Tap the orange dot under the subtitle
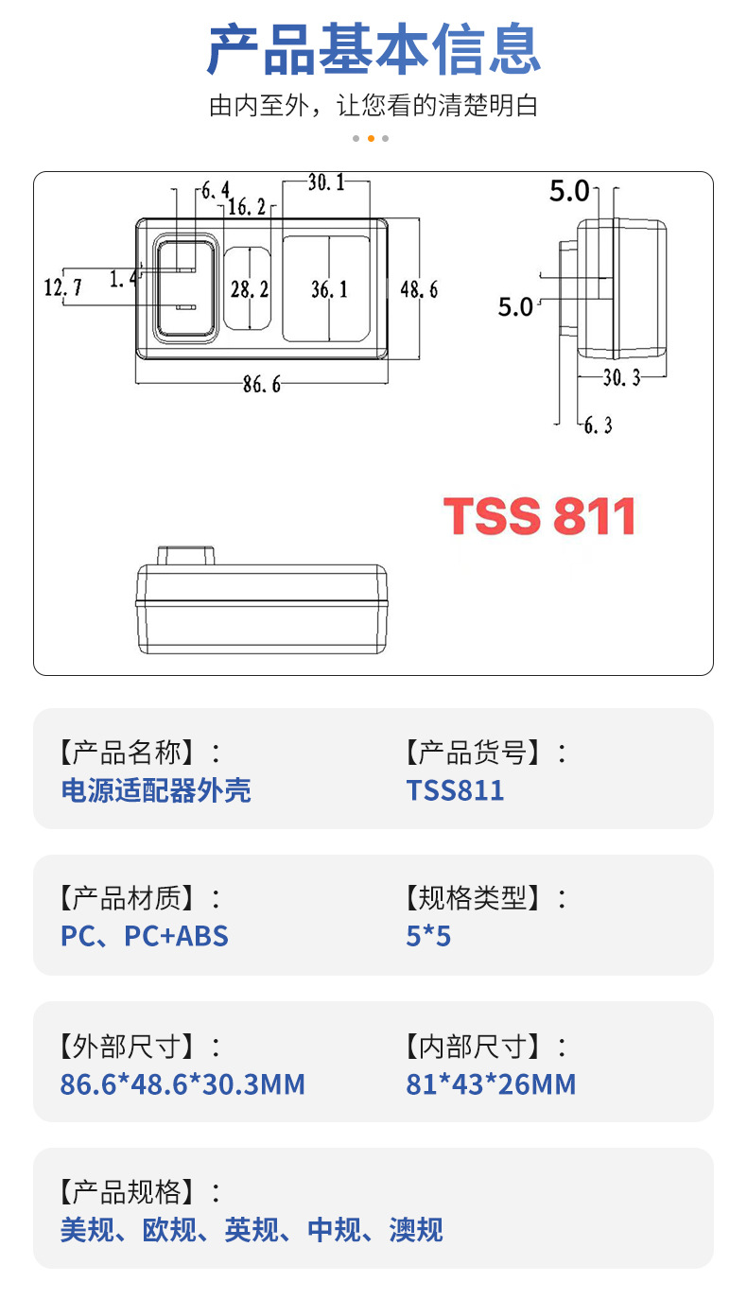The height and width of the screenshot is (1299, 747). (x=371, y=138)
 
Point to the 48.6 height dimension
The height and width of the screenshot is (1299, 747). (x=419, y=289)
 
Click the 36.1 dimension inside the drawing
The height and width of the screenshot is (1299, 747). (x=329, y=289)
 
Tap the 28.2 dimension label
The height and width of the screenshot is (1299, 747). (x=250, y=289)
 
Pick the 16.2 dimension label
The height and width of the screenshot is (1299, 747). (x=247, y=207)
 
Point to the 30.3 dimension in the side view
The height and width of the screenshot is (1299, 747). (x=621, y=377)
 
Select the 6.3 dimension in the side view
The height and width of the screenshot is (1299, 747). (x=597, y=425)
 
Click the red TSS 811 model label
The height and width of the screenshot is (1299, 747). (x=539, y=516)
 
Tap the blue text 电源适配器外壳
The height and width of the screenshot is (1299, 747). (x=156, y=790)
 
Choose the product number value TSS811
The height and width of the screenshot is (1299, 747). (x=455, y=790)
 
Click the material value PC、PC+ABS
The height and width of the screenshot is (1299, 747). (x=145, y=936)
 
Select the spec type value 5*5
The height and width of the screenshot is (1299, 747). (x=428, y=936)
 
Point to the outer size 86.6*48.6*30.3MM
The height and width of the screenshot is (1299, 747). (x=182, y=1083)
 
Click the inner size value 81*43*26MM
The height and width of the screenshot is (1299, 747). (x=491, y=1083)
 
